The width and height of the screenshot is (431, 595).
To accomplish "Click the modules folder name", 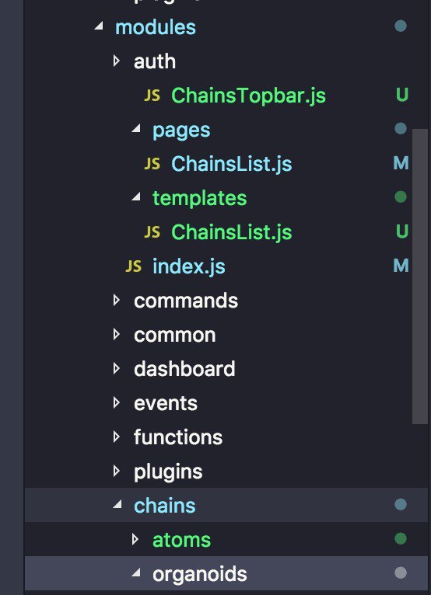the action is click(x=156, y=28).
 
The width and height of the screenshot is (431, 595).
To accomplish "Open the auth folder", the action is click(x=155, y=61).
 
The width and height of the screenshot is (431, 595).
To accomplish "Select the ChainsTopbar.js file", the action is click(x=248, y=96).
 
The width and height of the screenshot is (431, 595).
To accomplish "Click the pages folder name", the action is click(x=181, y=131).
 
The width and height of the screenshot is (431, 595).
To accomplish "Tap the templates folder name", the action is click(x=199, y=198).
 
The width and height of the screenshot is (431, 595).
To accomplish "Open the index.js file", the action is click(x=189, y=266).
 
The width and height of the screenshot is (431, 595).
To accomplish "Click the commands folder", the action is click(x=186, y=301).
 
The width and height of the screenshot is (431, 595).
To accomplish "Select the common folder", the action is click(x=175, y=335).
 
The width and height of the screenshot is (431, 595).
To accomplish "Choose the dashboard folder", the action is click(x=184, y=369).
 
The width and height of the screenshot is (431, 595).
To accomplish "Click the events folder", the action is click(x=166, y=403).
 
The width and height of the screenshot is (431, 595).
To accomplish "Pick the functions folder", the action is click(x=178, y=437).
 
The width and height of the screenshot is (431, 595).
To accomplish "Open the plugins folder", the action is click(x=168, y=472).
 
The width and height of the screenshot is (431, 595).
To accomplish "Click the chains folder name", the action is click(x=165, y=506).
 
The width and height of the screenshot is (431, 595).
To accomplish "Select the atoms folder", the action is click(x=182, y=541).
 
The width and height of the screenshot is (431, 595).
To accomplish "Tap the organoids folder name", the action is click(x=199, y=575).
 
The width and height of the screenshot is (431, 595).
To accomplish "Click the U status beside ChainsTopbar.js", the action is click(x=401, y=95).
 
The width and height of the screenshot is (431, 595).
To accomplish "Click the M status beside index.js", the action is click(x=401, y=266).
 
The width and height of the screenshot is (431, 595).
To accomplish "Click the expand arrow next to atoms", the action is click(x=135, y=539).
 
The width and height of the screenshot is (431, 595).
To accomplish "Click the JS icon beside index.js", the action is click(x=133, y=266).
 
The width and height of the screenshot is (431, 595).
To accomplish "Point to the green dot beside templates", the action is click(x=401, y=197).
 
